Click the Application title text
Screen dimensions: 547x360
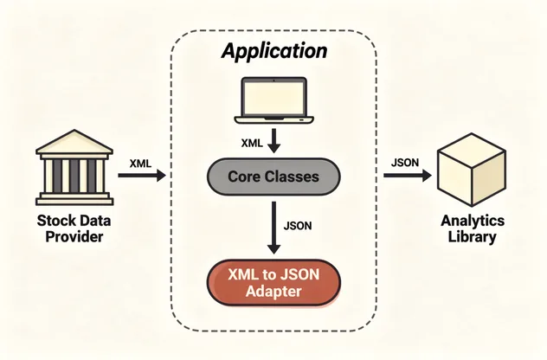point(274,51)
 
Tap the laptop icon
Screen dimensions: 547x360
point(273,100)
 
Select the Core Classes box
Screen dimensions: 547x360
point(273,177)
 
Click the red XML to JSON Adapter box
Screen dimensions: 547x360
point(273,283)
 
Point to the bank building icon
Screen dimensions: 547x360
point(74,167)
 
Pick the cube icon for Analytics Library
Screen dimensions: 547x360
point(472,170)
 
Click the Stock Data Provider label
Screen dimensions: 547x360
point(74,228)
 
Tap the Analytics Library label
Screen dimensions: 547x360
point(473,228)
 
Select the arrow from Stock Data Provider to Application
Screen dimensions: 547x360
point(142,175)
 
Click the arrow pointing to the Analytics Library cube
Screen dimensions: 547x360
point(408,175)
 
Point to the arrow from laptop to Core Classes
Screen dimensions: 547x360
point(273,140)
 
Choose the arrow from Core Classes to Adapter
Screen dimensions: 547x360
point(273,228)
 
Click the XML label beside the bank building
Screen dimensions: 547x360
point(140,164)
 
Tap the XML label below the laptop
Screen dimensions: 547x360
point(252,143)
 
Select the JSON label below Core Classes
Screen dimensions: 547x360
point(298,226)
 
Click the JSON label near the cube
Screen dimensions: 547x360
point(405,163)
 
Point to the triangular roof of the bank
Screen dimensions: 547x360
point(74,142)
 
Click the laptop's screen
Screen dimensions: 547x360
point(273,98)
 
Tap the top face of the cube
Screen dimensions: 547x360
point(472,150)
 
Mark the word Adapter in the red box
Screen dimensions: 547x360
point(273,292)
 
